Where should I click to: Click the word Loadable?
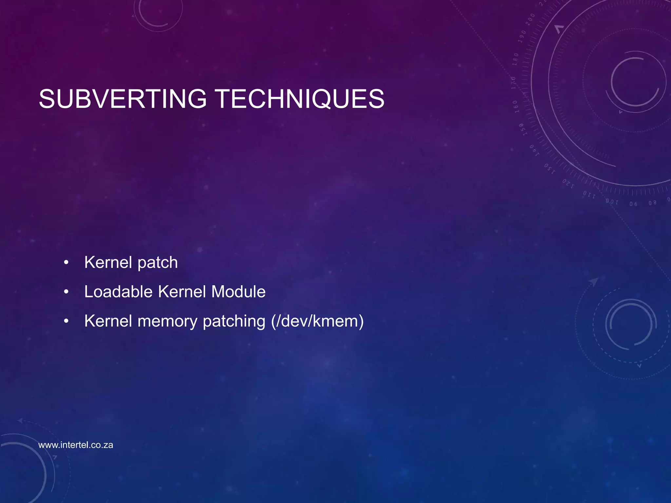pos(118,291)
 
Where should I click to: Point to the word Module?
pos(238,291)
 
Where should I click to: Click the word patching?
pos(234,322)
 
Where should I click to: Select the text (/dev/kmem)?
pos(317,321)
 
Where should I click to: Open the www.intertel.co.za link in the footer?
pos(76,445)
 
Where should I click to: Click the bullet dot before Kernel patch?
pos(67,263)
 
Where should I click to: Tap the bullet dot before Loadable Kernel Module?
pos(67,292)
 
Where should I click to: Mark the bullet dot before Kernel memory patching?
pos(67,321)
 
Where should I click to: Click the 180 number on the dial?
pos(515,59)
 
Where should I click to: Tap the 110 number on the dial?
pos(589,195)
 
